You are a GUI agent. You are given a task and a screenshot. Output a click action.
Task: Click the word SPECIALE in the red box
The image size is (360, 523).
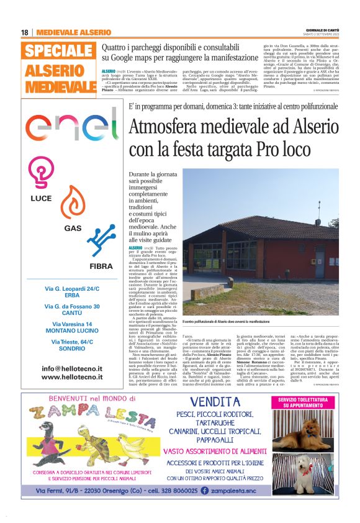[x=61, y=52]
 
